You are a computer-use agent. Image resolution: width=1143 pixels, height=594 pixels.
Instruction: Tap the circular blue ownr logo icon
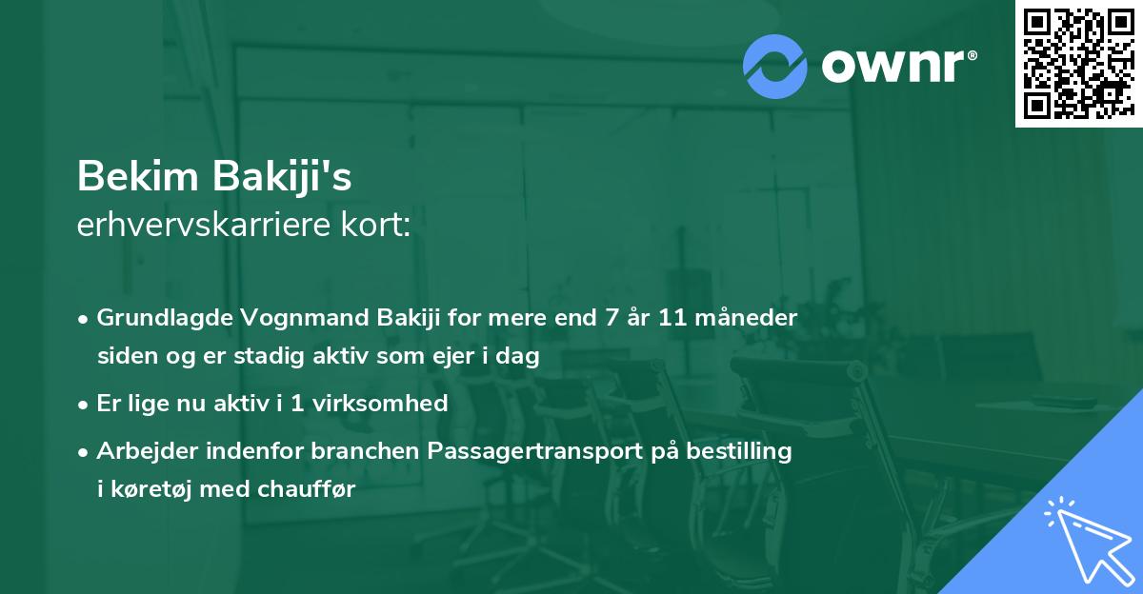pyautogui.click(x=775, y=67)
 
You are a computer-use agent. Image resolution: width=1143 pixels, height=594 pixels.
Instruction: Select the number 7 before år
pyautogui.click(x=599, y=316)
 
